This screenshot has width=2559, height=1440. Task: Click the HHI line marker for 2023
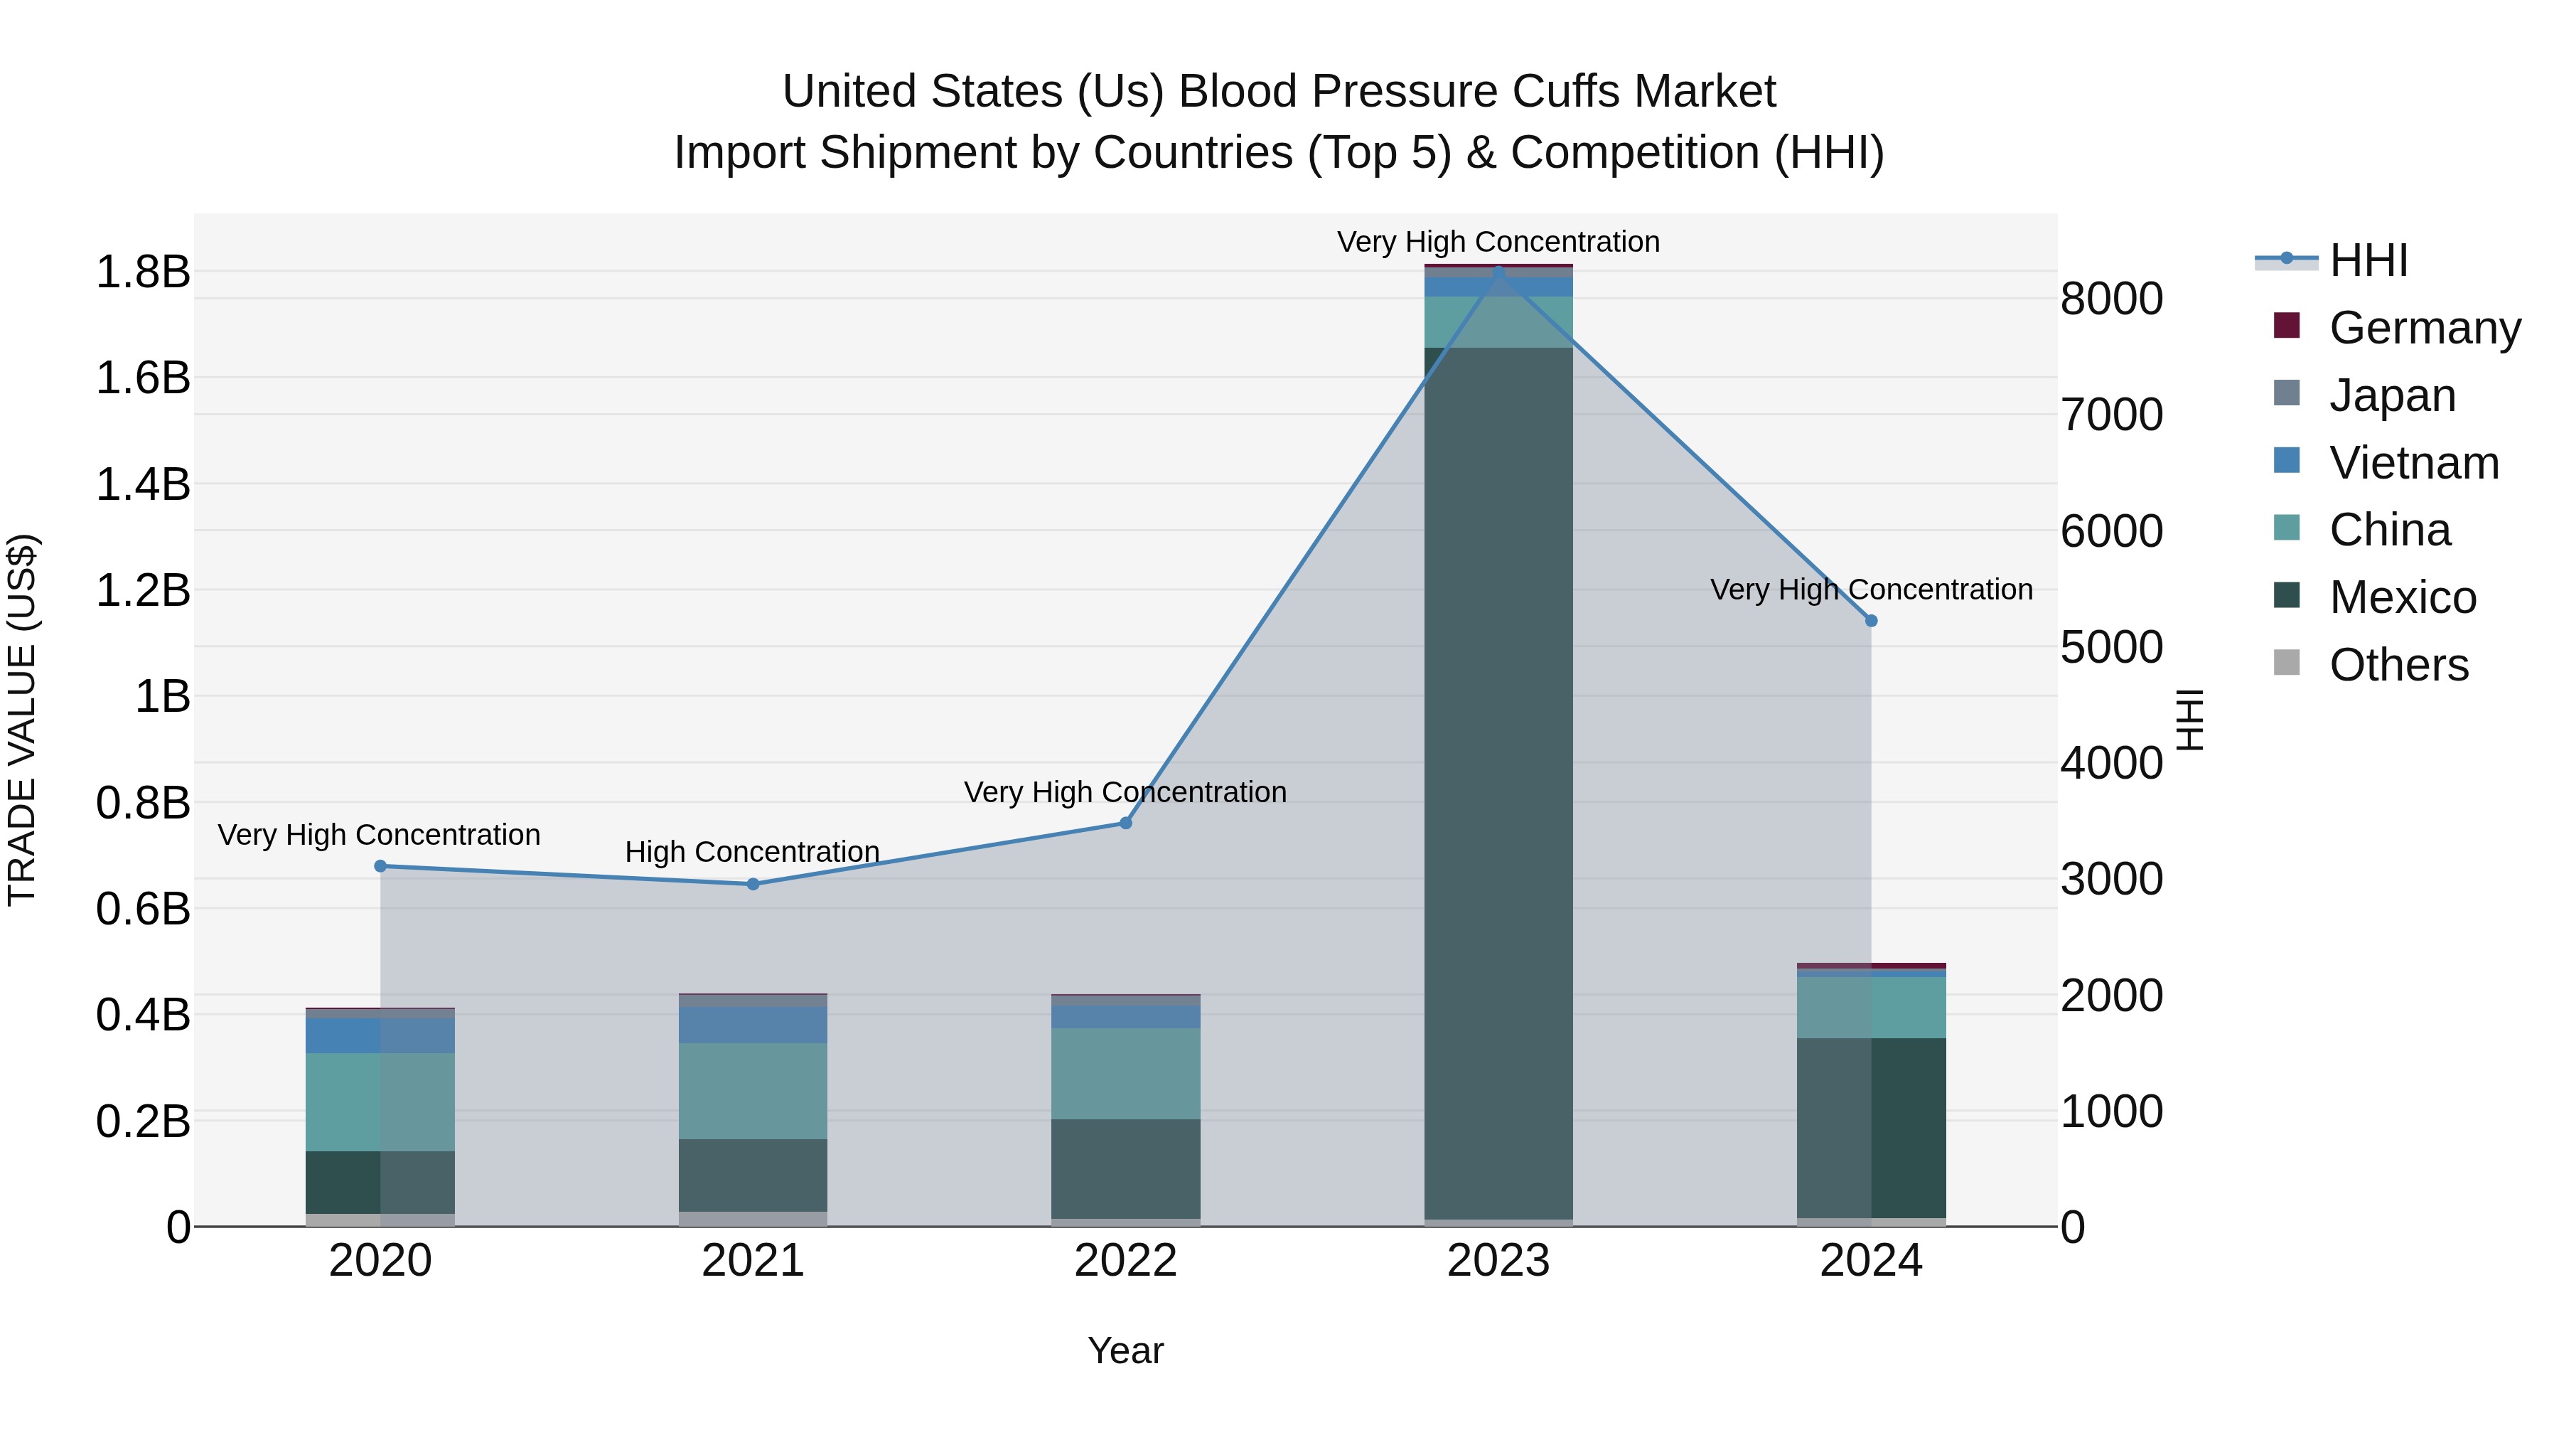1498,270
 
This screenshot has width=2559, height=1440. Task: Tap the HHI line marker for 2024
1871,621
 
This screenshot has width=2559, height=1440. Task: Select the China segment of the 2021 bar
753,1091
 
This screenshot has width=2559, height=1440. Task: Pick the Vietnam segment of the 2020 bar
380,1035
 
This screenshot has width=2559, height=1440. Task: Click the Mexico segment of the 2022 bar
1125,1168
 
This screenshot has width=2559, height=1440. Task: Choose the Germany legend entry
2424,328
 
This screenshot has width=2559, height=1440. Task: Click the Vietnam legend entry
2414,463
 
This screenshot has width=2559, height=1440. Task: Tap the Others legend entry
2398,665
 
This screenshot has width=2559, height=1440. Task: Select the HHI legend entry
2368,260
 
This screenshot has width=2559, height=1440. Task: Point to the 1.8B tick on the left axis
143,272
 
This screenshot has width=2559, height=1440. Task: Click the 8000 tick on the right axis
2111,299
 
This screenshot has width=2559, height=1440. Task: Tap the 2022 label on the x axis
1125,1261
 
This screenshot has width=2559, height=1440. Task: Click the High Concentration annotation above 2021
752,852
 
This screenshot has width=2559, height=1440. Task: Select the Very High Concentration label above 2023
1498,242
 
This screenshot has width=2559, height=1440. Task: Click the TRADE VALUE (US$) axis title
22,720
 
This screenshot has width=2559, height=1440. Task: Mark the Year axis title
1125,1350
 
